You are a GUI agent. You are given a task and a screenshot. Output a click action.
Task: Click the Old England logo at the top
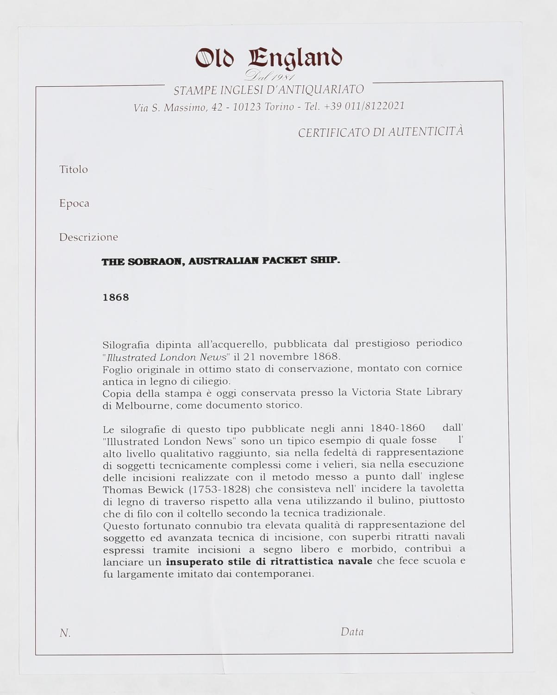point(269,59)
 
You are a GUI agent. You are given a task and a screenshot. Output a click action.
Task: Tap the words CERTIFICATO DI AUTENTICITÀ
point(380,132)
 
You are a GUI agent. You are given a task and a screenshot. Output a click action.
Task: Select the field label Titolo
point(74,170)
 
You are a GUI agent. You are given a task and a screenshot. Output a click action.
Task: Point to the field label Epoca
point(74,203)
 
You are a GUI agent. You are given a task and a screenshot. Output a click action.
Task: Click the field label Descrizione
point(88,237)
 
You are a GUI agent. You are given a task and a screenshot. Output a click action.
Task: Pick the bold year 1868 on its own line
point(116,297)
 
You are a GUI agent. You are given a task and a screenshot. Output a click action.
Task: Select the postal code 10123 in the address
point(247,107)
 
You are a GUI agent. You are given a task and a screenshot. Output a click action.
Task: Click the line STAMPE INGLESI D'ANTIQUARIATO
point(269,90)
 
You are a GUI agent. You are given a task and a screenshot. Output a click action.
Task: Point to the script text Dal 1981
point(270,76)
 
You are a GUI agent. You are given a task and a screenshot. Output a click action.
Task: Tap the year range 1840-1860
point(398,428)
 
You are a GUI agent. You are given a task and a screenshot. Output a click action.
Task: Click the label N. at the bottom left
point(65,633)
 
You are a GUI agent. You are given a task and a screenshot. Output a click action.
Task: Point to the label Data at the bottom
point(352,632)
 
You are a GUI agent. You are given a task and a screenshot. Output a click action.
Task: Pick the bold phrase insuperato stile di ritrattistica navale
point(269,562)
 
